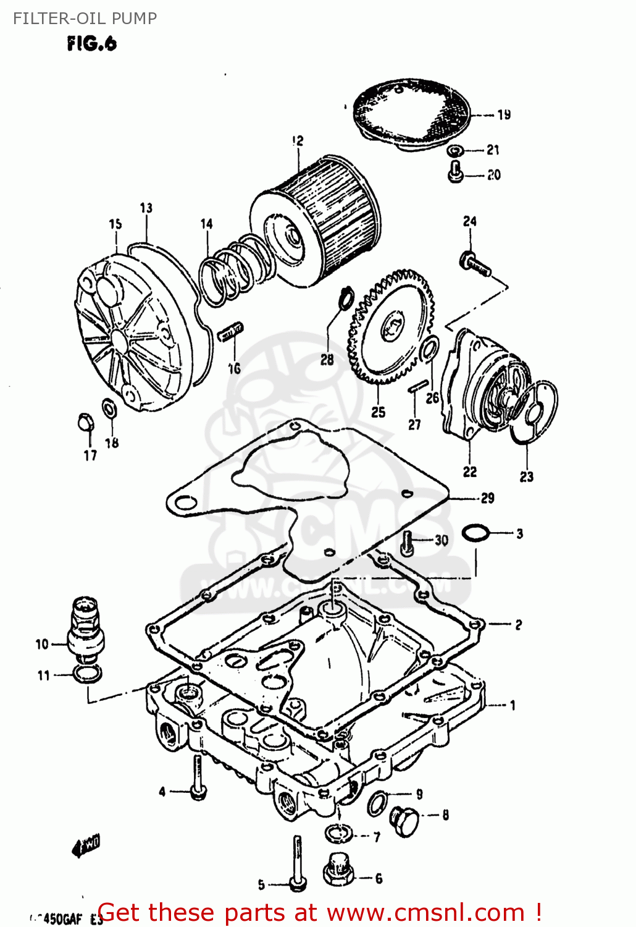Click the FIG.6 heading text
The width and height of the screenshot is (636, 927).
click(91, 44)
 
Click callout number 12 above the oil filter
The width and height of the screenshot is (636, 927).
click(298, 141)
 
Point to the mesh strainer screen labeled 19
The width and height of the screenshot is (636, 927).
click(411, 114)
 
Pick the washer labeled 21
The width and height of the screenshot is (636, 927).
click(456, 150)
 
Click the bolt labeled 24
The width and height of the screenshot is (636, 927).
click(474, 262)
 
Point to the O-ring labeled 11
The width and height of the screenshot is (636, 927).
click(86, 674)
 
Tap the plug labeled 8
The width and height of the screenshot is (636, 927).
click(404, 821)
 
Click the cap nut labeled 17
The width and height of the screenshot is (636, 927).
click(85, 422)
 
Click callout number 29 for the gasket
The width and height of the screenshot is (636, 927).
click(488, 498)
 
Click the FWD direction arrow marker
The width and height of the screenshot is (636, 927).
click(86, 845)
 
